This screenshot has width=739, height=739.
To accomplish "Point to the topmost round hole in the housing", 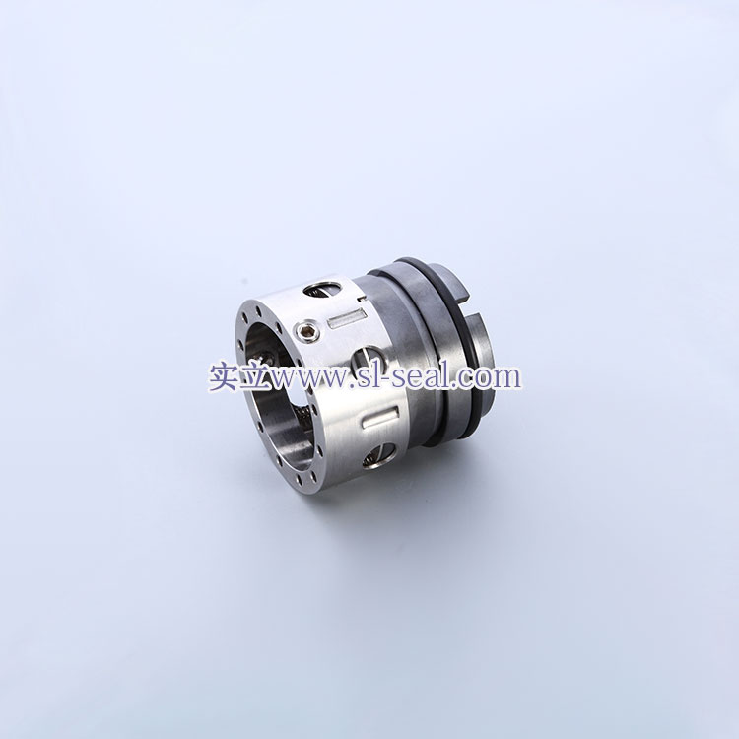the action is (x=322, y=290).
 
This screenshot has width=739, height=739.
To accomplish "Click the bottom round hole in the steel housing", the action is (x=380, y=456).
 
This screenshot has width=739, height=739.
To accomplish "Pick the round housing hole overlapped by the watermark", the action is (x=369, y=362).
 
